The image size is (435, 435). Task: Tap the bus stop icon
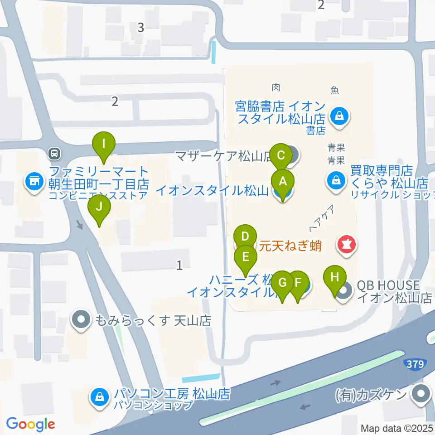tap(54, 153)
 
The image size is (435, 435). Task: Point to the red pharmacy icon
tap(347, 245)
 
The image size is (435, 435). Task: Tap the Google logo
tap(30, 424)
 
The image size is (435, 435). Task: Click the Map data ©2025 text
tap(397, 428)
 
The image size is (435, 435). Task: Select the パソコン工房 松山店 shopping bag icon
tap(98, 397)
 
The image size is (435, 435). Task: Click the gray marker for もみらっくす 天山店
tap(81, 320)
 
